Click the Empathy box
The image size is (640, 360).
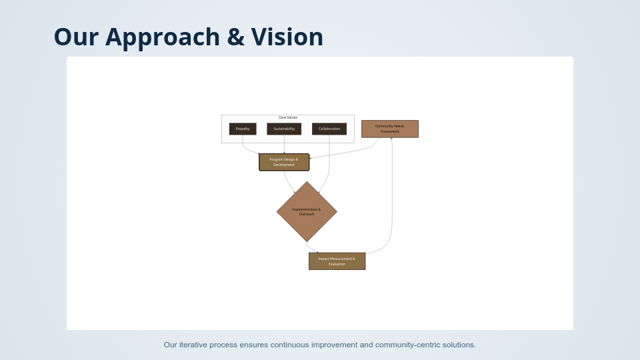pyautogui.click(x=243, y=129)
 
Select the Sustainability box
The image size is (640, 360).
pyautogui.click(x=284, y=129)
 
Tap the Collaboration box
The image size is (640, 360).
pyautogui.click(x=329, y=129)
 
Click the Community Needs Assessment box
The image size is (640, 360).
pyautogui.click(x=389, y=129)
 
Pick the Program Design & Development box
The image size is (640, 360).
pyautogui.click(x=284, y=162)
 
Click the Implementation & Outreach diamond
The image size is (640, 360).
pyautogui.click(x=307, y=212)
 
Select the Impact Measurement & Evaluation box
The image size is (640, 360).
pyautogui.click(x=337, y=261)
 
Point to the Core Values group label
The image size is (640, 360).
pyautogui.click(x=288, y=117)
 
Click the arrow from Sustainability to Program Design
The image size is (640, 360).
pyautogui.click(x=284, y=144)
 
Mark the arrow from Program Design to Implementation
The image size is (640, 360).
pyautogui.click(x=287, y=181)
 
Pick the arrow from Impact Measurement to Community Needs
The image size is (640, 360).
pyautogui.click(x=391, y=200)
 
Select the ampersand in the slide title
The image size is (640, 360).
pyautogui.click(x=235, y=37)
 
